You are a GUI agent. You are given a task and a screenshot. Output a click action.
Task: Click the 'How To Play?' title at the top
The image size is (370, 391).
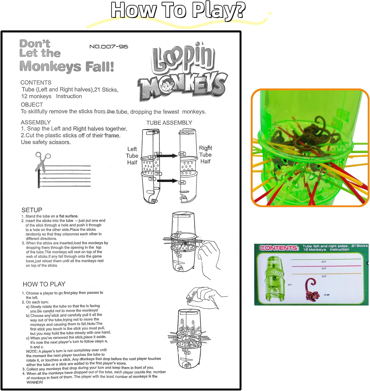click(178, 10)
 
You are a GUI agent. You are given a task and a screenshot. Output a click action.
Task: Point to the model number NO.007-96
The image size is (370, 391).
click(109, 47)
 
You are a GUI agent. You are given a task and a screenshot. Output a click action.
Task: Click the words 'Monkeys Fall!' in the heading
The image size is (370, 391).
click(67, 66)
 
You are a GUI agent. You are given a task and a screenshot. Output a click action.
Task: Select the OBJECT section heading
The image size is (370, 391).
click(32, 105)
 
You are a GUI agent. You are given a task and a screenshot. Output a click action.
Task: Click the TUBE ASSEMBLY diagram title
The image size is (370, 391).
click(169, 123)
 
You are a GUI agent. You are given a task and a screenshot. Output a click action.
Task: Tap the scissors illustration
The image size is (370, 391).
click(42, 161)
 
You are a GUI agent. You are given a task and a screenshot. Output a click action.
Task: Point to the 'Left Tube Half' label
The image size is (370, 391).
click(132, 156)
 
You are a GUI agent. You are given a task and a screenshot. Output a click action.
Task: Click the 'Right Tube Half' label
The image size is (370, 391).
click(205, 155)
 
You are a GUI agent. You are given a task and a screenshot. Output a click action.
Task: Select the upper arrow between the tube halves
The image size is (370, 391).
click(167, 156)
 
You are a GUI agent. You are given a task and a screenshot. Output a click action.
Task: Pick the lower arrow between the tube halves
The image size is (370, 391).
click(167, 181)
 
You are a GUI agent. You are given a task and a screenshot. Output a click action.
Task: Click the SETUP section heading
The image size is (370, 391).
click(32, 210)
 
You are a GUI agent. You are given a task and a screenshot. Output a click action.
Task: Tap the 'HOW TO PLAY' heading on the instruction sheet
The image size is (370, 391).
click(44, 284)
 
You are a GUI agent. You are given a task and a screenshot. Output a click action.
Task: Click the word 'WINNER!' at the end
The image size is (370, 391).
click(35, 382)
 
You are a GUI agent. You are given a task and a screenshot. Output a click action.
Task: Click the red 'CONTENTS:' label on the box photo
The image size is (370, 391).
click(279, 248)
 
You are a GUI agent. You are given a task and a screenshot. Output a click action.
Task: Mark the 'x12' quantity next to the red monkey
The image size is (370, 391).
click(327, 295)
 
